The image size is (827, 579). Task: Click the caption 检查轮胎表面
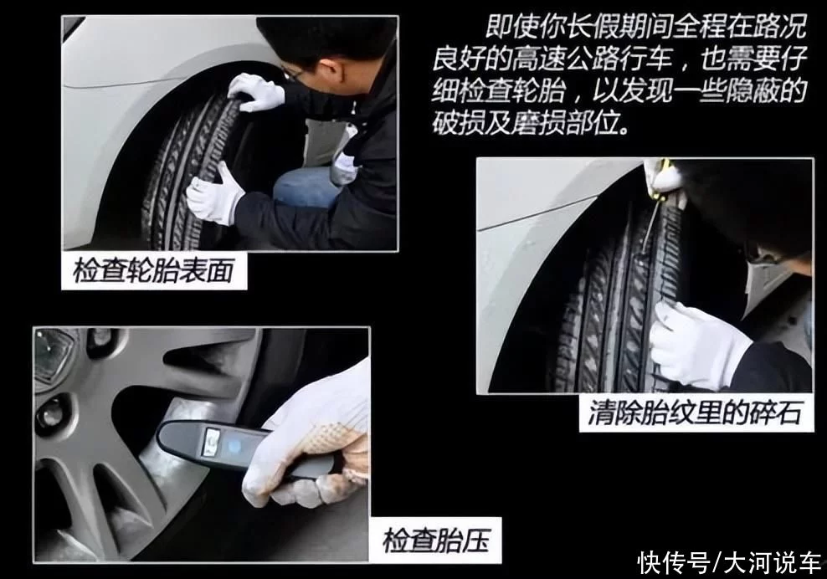tap(153, 272)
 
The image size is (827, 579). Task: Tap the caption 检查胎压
tap(436, 540)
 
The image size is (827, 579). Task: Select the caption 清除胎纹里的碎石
tap(695, 412)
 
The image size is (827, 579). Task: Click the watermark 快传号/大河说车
tap(729, 562)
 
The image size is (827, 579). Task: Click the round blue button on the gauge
tap(234, 446)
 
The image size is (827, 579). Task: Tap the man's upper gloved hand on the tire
tap(256, 92)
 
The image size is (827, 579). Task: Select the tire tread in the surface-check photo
tap(187, 169)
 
